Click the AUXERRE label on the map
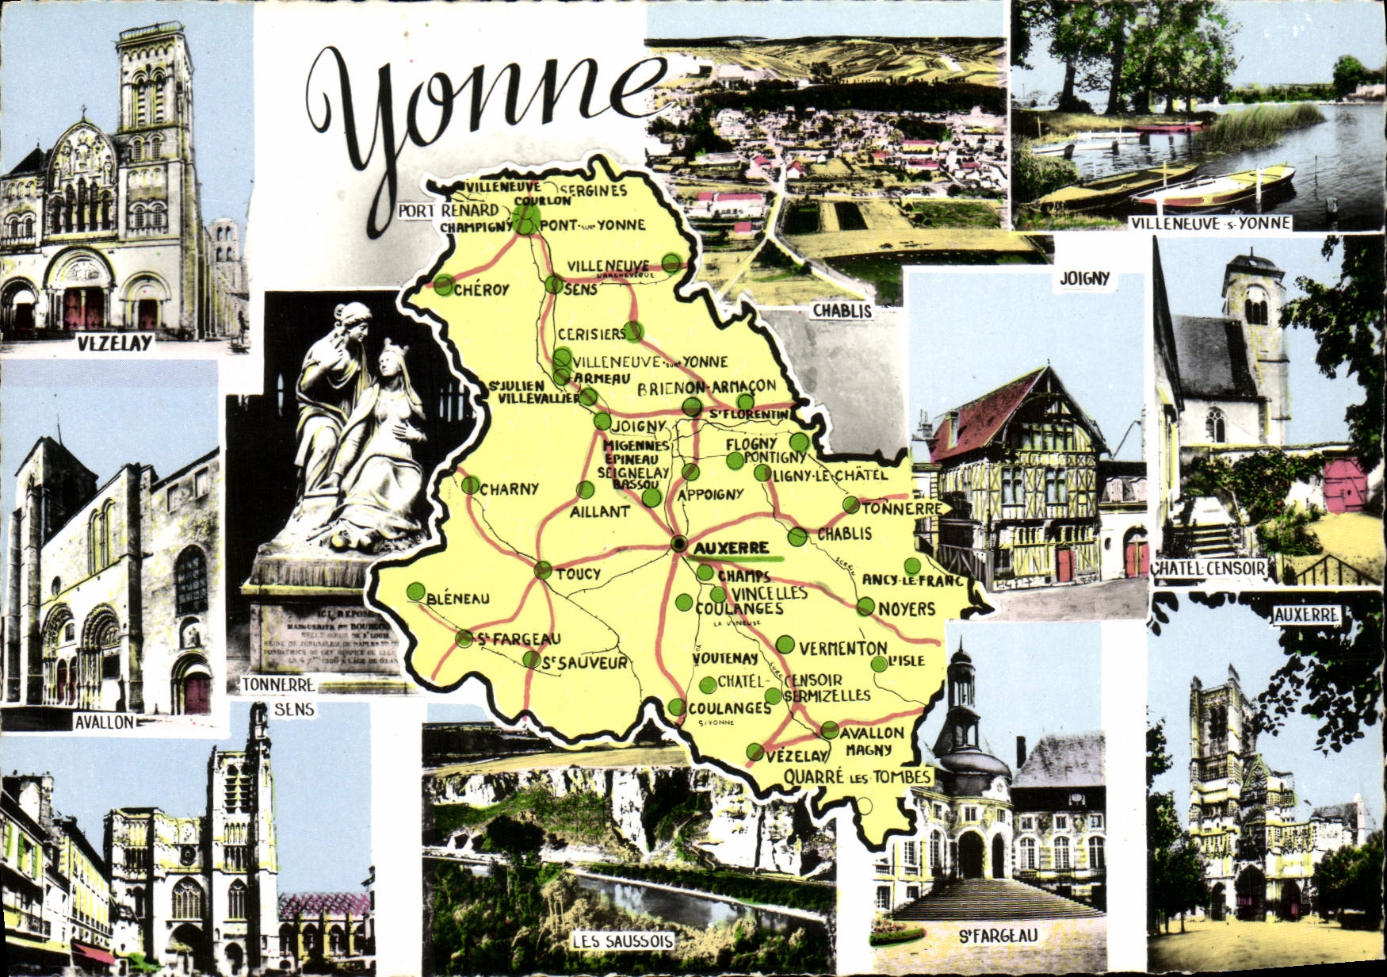[x=731, y=547]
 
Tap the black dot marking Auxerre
[x=679, y=544]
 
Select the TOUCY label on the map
[x=578, y=573]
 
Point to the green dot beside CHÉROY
[x=445, y=284]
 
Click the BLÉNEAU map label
[x=458, y=599]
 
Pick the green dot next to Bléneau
[x=415, y=591]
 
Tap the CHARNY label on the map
[x=509, y=489]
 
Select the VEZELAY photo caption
[x=115, y=343]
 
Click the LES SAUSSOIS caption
[x=623, y=941]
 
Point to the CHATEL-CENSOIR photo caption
[x=1209, y=568]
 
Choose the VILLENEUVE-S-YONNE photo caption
[x=1211, y=223]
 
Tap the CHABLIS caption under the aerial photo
[x=842, y=311]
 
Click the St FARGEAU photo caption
[x=998, y=936]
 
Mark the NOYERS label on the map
[x=907, y=608]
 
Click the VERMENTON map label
[x=843, y=648]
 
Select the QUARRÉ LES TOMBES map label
[x=856, y=776]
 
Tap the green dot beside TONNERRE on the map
[x=851, y=505]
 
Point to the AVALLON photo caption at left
[x=105, y=722]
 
